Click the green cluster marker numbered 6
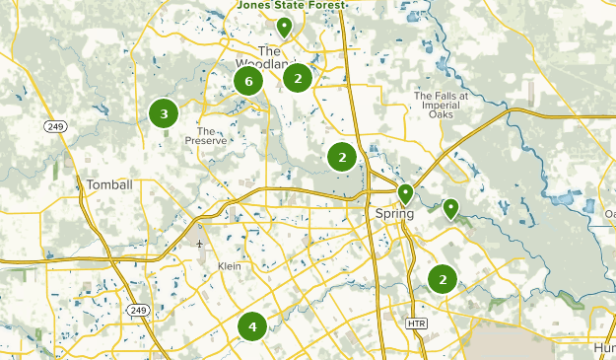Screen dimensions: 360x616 (x=248, y=81)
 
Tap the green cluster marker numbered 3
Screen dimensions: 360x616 (x=164, y=113)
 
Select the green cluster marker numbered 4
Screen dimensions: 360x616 (x=252, y=325)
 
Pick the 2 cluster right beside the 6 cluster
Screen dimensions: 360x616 (x=298, y=77)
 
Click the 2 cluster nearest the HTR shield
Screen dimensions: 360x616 (x=443, y=280)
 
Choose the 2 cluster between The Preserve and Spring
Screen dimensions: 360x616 (x=342, y=156)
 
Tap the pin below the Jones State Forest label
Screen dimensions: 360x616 (x=284, y=27)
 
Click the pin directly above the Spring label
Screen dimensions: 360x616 (x=405, y=193)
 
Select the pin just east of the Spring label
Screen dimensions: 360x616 (x=450, y=207)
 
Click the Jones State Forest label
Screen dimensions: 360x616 (x=292, y=6)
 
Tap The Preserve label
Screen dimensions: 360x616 (x=212, y=135)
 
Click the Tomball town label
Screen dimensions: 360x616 (x=108, y=184)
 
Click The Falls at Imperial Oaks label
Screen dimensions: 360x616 (x=436, y=102)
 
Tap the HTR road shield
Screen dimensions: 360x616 (x=415, y=323)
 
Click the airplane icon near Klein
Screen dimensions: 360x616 (x=200, y=244)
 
